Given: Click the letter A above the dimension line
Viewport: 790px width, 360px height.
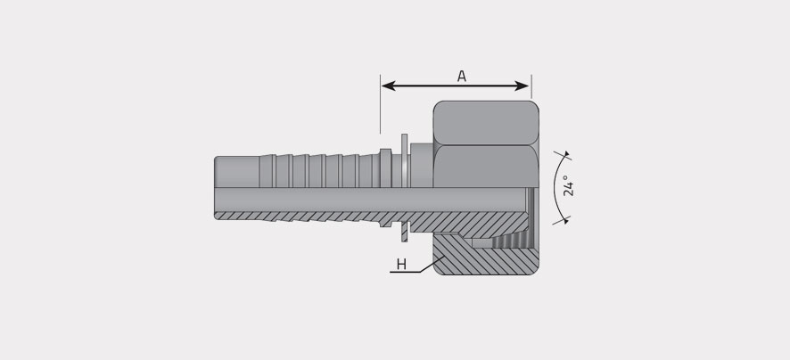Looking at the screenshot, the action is (x=462, y=76).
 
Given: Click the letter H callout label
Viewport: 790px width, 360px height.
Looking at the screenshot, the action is (x=401, y=265).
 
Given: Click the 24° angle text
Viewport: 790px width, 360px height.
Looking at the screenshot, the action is (x=568, y=185).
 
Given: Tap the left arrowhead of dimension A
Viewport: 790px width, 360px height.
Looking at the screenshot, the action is (x=388, y=86).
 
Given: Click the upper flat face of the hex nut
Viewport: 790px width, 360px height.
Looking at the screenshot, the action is (x=486, y=123).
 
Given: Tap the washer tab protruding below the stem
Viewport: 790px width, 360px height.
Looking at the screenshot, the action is (x=404, y=231).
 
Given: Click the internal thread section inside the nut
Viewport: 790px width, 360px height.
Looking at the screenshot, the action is (x=509, y=241).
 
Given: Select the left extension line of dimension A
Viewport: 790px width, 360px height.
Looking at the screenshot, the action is (x=381, y=103).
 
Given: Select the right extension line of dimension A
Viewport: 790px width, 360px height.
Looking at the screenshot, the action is (x=531, y=86).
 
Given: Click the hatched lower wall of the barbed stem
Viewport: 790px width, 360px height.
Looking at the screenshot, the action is (x=302, y=216).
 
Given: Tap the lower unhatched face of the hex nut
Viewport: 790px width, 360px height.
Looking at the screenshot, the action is (x=486, y=166).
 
